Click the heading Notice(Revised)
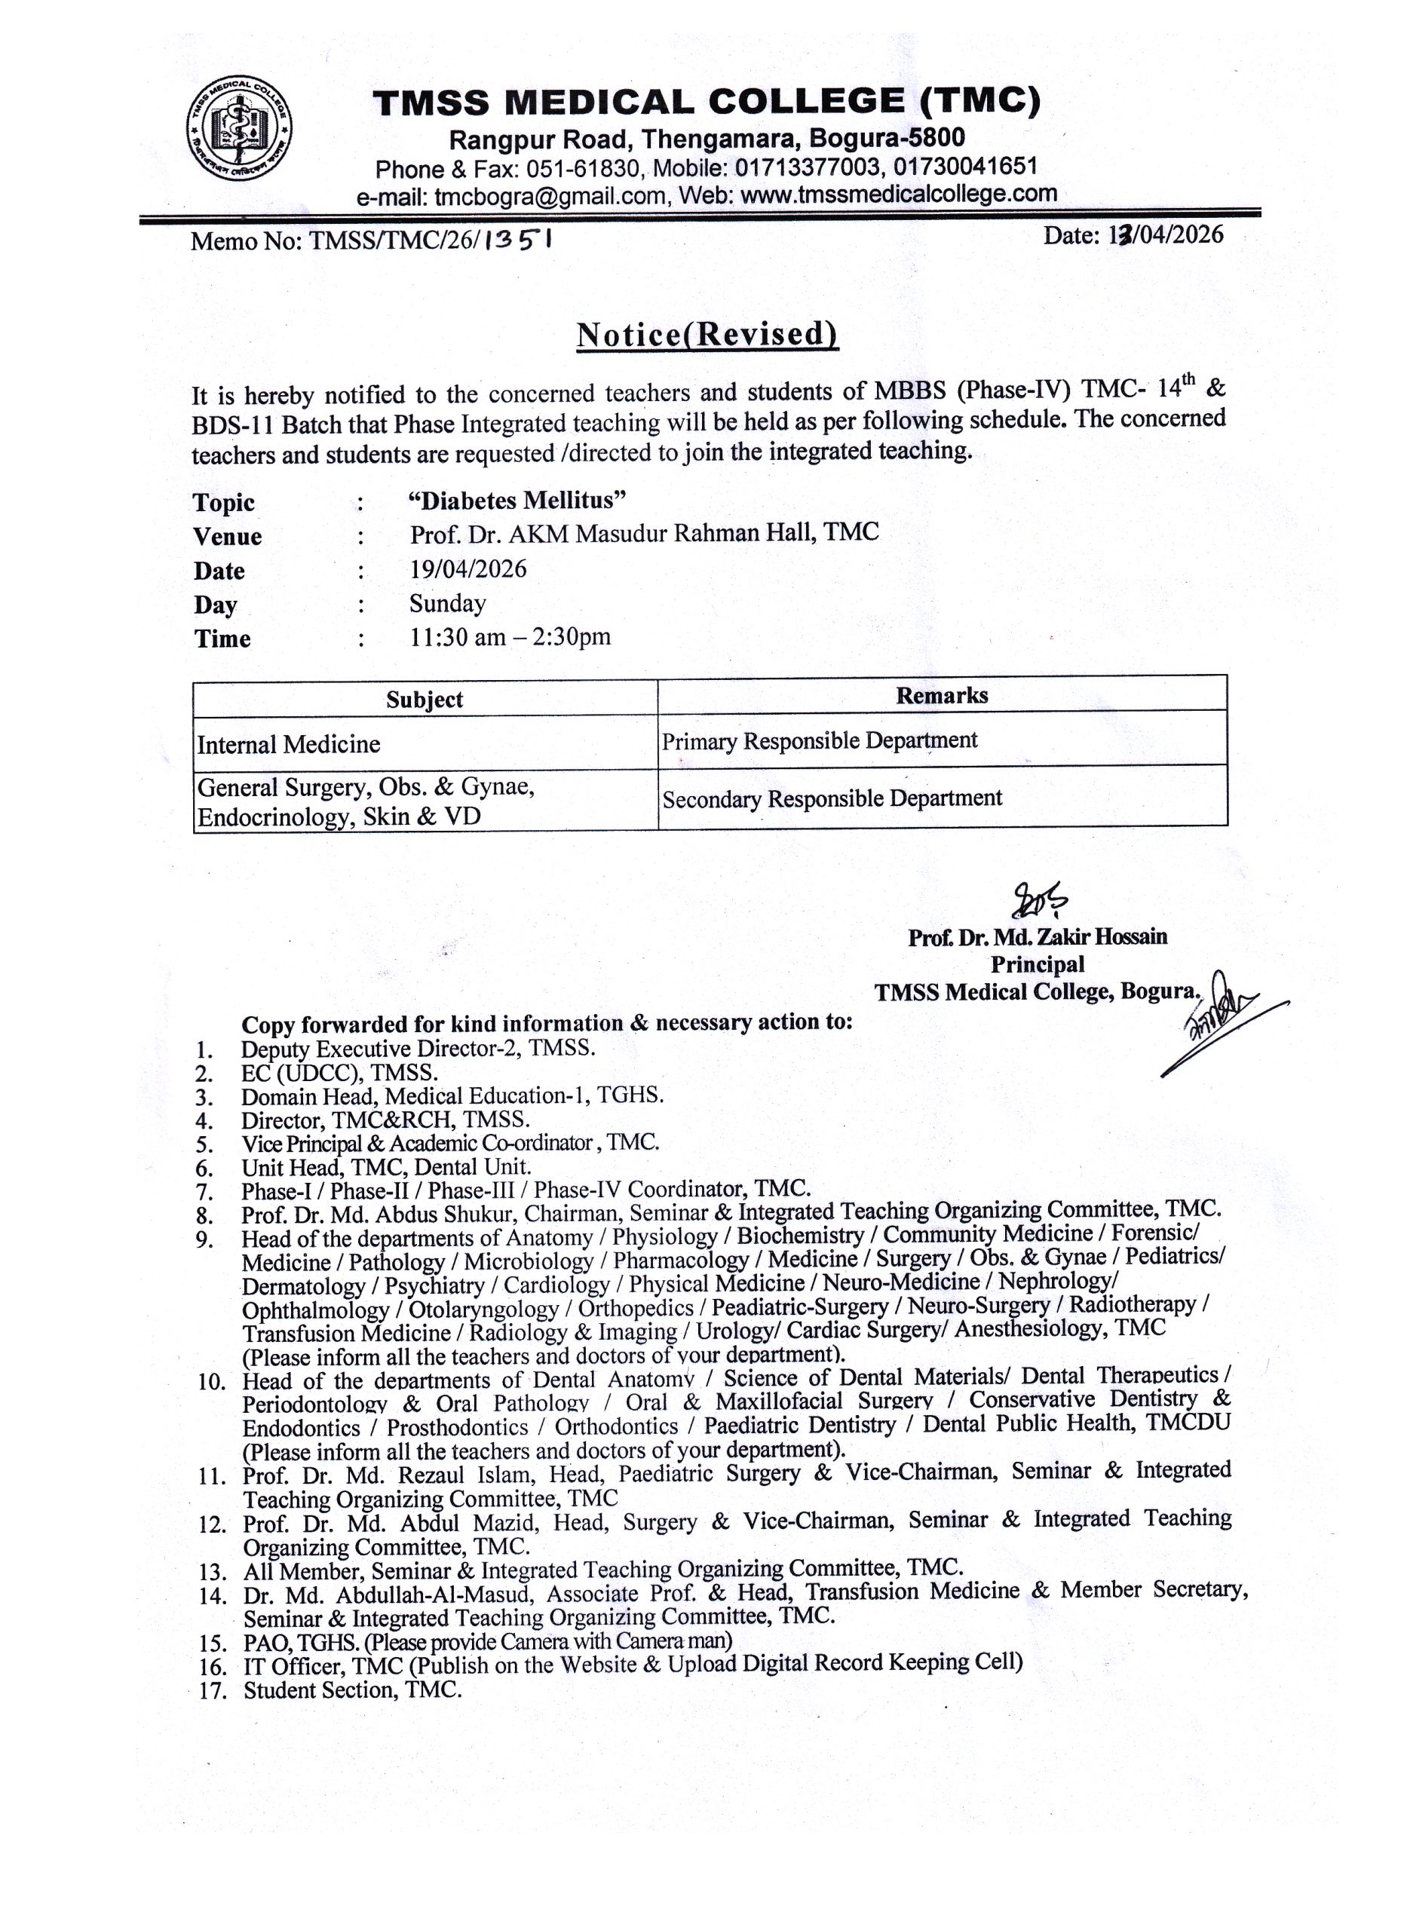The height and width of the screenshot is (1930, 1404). coord(707,335)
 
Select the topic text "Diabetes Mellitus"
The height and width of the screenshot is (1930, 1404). coord(517,500)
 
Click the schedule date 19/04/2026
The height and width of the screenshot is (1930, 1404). coord(468,568)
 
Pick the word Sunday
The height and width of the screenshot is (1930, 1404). coord(448,603)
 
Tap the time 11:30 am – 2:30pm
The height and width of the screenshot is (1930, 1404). coord(510,636)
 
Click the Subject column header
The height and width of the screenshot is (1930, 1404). coord(425,700)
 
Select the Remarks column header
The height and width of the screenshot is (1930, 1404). coord(941,695)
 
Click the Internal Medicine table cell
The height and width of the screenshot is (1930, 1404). coord(289,745)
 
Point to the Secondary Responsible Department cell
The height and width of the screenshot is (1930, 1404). coord(832,798)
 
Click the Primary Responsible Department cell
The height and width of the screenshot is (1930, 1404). coord(820,740)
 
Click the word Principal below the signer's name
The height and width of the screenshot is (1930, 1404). coord(1038,964)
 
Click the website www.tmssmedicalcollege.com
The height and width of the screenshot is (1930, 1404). coord(899,194)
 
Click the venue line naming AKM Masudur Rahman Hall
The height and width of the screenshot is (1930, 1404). coord(644,534)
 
